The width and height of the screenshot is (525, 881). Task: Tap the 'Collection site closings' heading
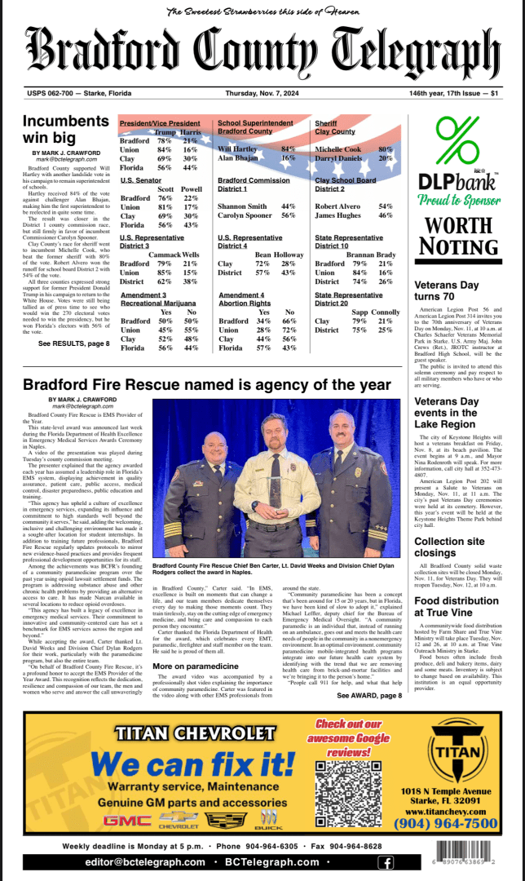click(x=451, y=547)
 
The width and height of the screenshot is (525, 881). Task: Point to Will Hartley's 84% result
click(x=288, y=149)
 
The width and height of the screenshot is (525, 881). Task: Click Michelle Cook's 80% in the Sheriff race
click(x=385, y=149)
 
